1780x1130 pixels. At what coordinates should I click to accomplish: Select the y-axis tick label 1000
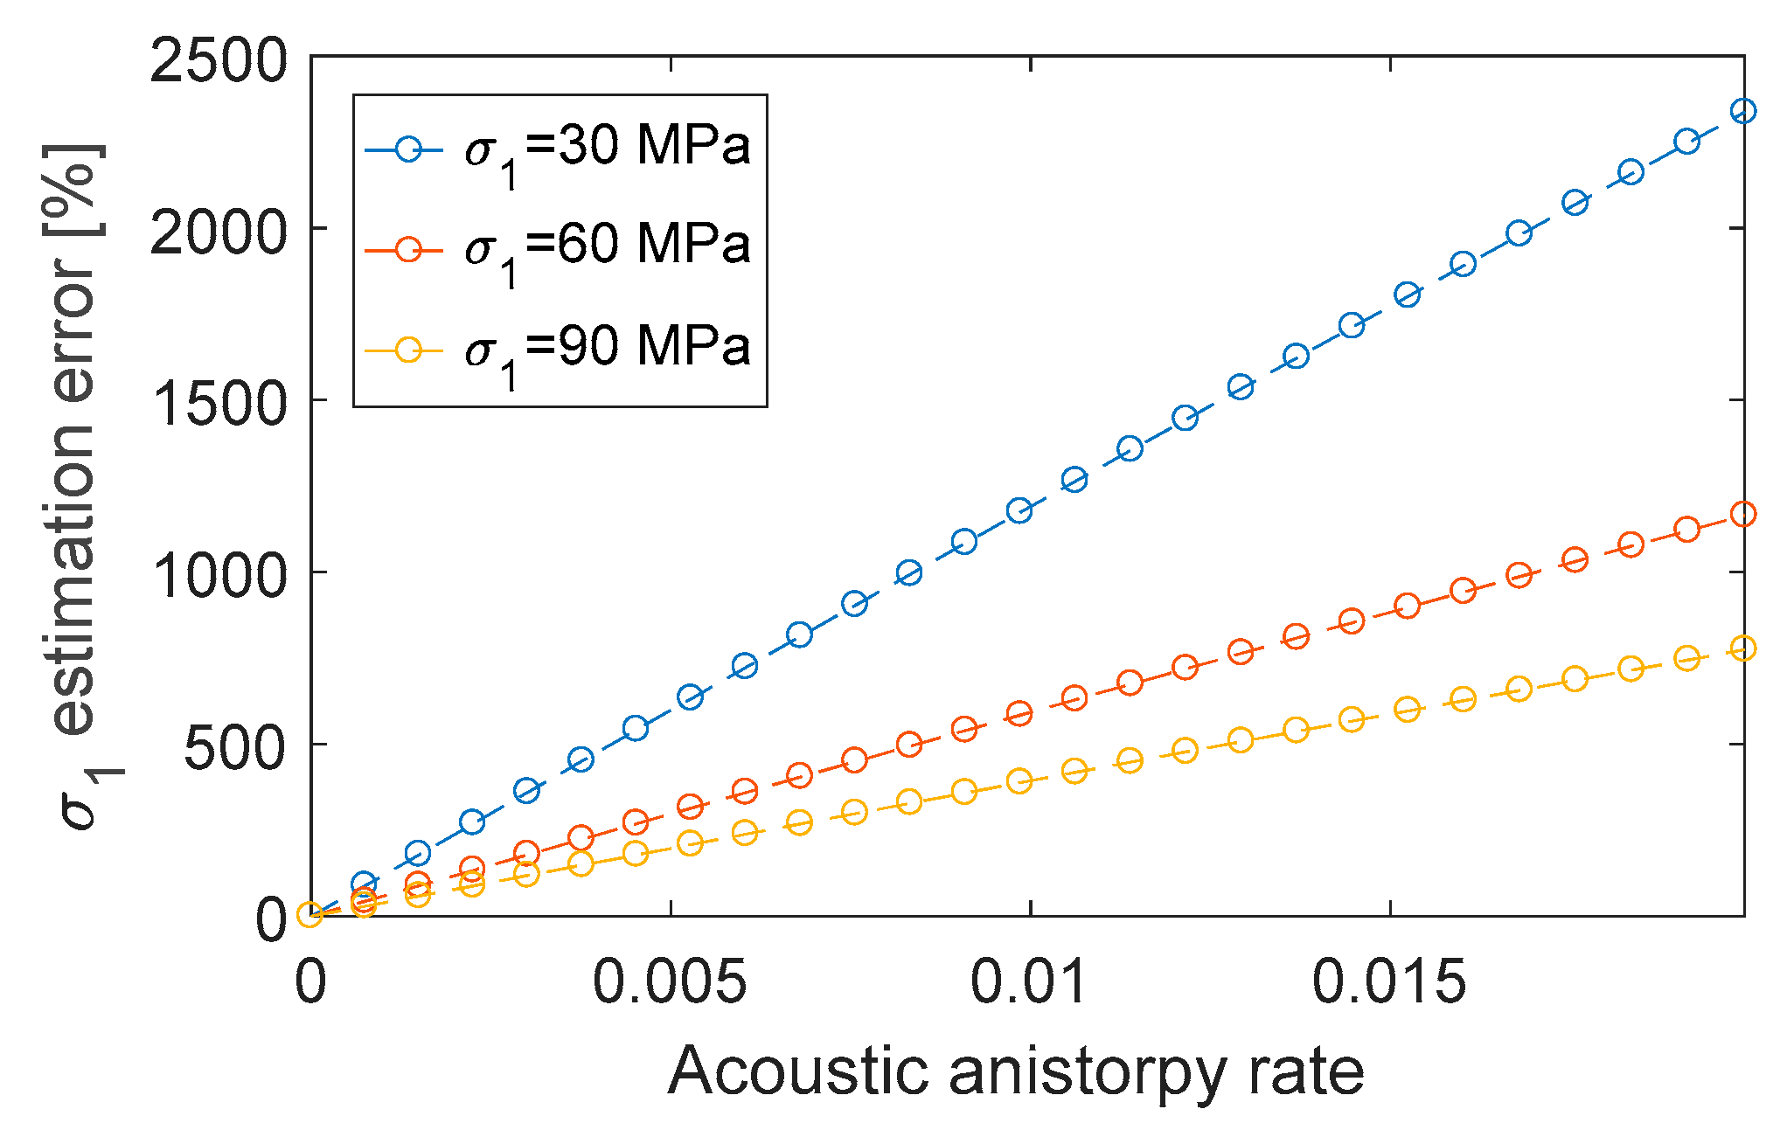(x=218, y=576)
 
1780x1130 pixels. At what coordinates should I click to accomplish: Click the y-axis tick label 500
(x=234, y=748)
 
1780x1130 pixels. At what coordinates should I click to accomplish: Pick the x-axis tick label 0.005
(x=670, y=981)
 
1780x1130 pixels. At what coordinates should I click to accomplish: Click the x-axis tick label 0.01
(x=1030, y=981)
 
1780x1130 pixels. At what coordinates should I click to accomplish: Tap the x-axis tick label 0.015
(x=1389, y=981)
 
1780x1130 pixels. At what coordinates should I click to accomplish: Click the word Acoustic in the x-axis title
(x=797, y=1071)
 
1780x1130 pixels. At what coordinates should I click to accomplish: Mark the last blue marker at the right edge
(x=1743, y=111)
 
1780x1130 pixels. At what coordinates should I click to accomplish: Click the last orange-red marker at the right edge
(x=1743, y=514)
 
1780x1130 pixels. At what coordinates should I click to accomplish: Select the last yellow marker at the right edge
(x=1743, y=648)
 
